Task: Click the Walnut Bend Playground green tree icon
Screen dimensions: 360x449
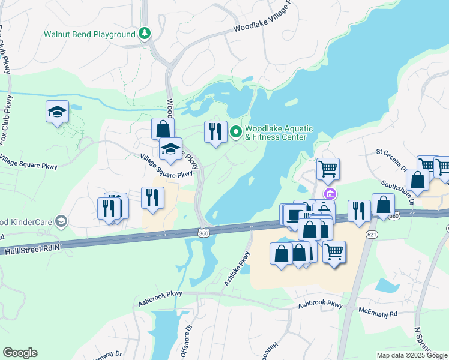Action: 144,34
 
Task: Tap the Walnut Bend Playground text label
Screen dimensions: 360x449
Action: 89,34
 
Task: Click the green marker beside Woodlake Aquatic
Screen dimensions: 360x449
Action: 237,132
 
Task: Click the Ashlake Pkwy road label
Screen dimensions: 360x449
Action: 236,268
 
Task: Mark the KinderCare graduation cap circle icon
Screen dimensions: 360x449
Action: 60,221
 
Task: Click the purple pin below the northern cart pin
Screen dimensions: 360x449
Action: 329,194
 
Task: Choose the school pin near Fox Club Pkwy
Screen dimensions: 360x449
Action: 57,112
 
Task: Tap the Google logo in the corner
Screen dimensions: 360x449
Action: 20,353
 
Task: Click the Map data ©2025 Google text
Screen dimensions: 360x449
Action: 411,355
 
